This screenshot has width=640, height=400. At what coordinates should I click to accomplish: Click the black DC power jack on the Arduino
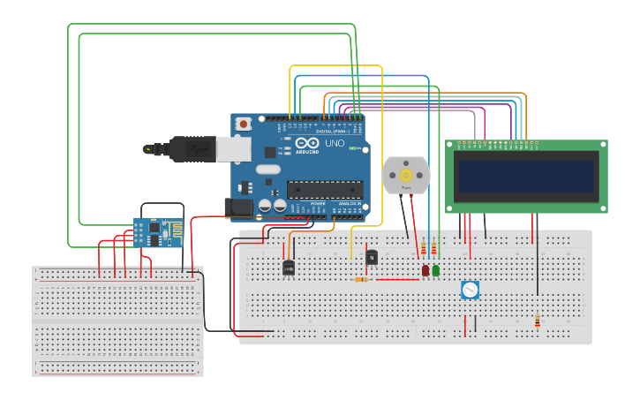tap(238, 208)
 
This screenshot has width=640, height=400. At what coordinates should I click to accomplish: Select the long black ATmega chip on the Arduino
tap(324, 189)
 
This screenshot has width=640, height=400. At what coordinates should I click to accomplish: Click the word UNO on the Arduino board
tap(335, 143)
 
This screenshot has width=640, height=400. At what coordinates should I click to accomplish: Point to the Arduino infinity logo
tap(307, 143)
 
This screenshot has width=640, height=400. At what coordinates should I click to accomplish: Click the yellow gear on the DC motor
tap(406, 175)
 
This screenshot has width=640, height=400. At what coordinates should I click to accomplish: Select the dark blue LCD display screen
tap(526, 176)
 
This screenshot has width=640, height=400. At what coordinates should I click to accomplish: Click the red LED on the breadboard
tap(425, 270)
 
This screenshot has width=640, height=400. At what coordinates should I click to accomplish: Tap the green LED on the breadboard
tap(435, 270)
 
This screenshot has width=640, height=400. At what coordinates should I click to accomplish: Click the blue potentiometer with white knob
tap(470, 290)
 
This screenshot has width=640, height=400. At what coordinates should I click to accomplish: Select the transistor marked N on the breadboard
tap(372, 257)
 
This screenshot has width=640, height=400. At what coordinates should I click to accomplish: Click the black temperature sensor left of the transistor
tap(288, 268)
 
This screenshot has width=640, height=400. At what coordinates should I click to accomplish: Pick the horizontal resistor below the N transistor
tap(362, 279)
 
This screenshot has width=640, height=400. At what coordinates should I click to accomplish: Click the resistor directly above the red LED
tap(423, 248)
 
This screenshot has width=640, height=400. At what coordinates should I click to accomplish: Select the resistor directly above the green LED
tap(433, 248)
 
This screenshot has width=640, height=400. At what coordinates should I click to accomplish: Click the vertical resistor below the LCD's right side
tap(537, 321)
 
